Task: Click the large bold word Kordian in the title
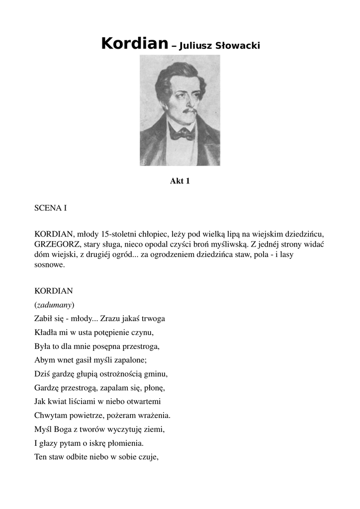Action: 134,44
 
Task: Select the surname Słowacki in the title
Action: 237,46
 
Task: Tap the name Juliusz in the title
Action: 197,46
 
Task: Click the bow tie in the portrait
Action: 181,133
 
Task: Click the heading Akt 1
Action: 180,181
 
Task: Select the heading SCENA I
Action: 50,208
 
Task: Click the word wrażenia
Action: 153,415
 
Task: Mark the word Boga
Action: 63,428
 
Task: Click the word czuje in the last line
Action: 148,456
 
